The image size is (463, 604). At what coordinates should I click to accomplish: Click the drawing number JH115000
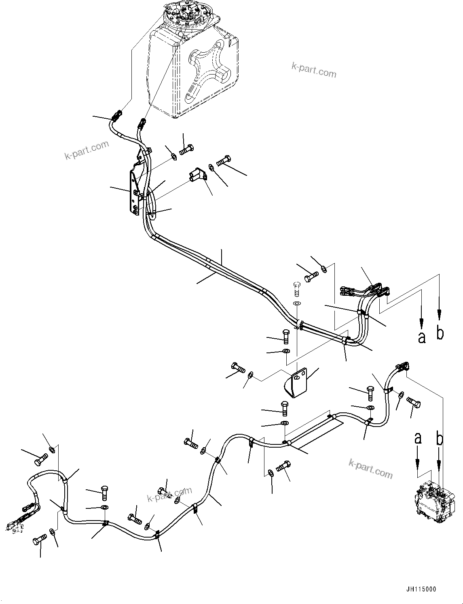[419, 589]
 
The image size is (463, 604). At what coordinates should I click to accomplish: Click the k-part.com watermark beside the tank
[314, 70]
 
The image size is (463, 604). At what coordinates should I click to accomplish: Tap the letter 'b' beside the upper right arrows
[440, 333]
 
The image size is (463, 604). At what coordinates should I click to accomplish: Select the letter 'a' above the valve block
[418, 438]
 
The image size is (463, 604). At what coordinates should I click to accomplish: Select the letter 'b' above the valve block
[440, 438]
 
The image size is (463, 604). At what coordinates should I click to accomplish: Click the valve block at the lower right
[432, 502]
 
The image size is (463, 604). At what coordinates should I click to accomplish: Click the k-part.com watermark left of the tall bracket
[87, 150]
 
